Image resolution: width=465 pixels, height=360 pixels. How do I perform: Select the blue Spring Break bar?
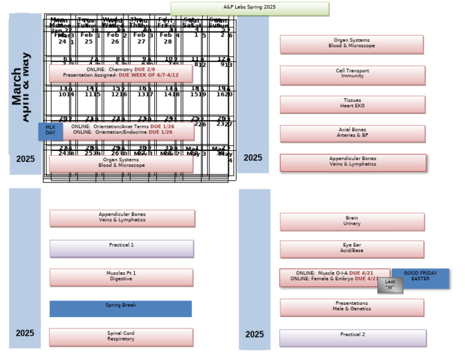[120, 308]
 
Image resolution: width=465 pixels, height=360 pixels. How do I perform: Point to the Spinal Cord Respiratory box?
[121, 337]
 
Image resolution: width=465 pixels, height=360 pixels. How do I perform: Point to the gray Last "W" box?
[390, 285]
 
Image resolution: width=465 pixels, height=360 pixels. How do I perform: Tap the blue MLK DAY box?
[50, 130]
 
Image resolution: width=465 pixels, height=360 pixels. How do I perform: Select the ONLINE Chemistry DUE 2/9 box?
[120, 70]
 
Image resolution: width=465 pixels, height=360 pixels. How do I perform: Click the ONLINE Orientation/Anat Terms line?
[122, 125]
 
